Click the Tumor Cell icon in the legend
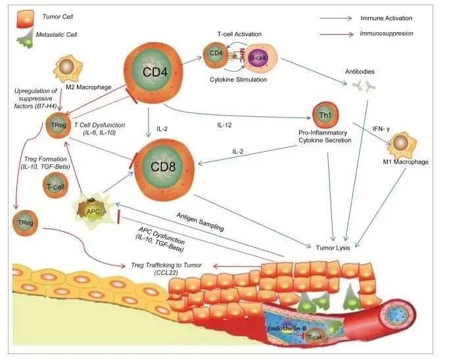coord(20,15)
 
